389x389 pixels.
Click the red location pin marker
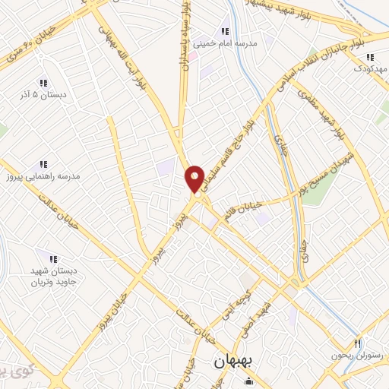click(x=195, y=179)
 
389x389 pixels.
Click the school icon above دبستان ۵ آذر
click(x=43, y=83)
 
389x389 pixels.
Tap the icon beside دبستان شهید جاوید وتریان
click(x=52, y=259)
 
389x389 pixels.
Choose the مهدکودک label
click(x=370, y=68)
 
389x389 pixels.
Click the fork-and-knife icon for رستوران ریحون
click(x=357, y=343)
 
